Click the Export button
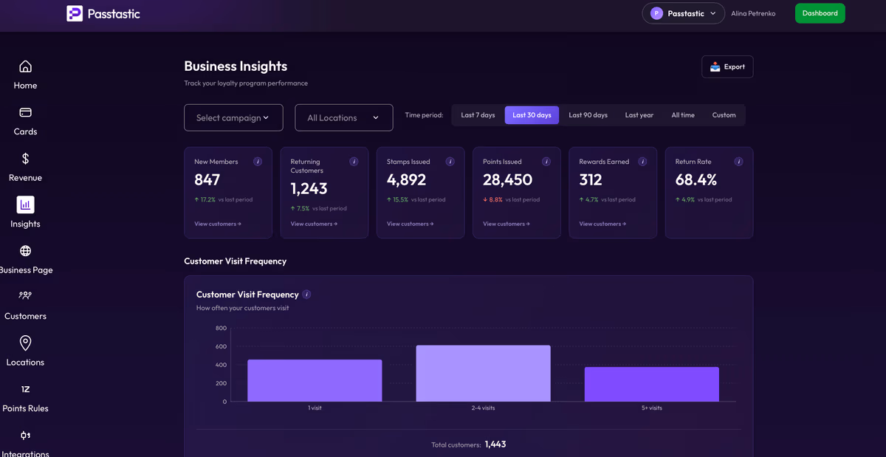727,67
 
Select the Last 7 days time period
478,115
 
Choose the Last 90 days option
588,115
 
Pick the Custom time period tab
724,115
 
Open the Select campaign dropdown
233,117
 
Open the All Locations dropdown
344,117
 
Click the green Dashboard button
820,13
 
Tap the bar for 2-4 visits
483,373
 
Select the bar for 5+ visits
651,384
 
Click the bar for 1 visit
315,380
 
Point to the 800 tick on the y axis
221,328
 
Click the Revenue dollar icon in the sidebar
25,159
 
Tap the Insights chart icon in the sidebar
25,205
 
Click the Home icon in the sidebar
25,66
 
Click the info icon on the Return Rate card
738,162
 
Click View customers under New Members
218,224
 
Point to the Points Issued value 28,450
507,179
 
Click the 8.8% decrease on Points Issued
492,199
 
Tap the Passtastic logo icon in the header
75,13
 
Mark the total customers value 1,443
495,444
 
